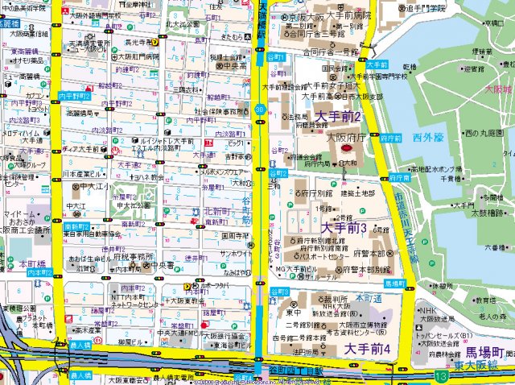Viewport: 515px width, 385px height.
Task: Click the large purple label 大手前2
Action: (x=338, y=118)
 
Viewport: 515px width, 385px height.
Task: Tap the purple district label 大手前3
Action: (x=344, y=229)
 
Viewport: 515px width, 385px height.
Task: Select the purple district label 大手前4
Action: (x=367, y=349)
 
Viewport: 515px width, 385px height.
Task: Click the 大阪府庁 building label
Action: (x=346, y=137)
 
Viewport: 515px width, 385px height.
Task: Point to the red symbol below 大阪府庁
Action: (x=346, y=149)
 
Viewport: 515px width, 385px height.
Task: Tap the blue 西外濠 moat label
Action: (x=428, y=138)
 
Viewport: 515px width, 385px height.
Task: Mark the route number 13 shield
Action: (x=440, y=376)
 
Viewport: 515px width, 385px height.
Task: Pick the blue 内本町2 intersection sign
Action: (x=39, y=273)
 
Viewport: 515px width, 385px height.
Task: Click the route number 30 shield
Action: (x=259, y=107)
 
